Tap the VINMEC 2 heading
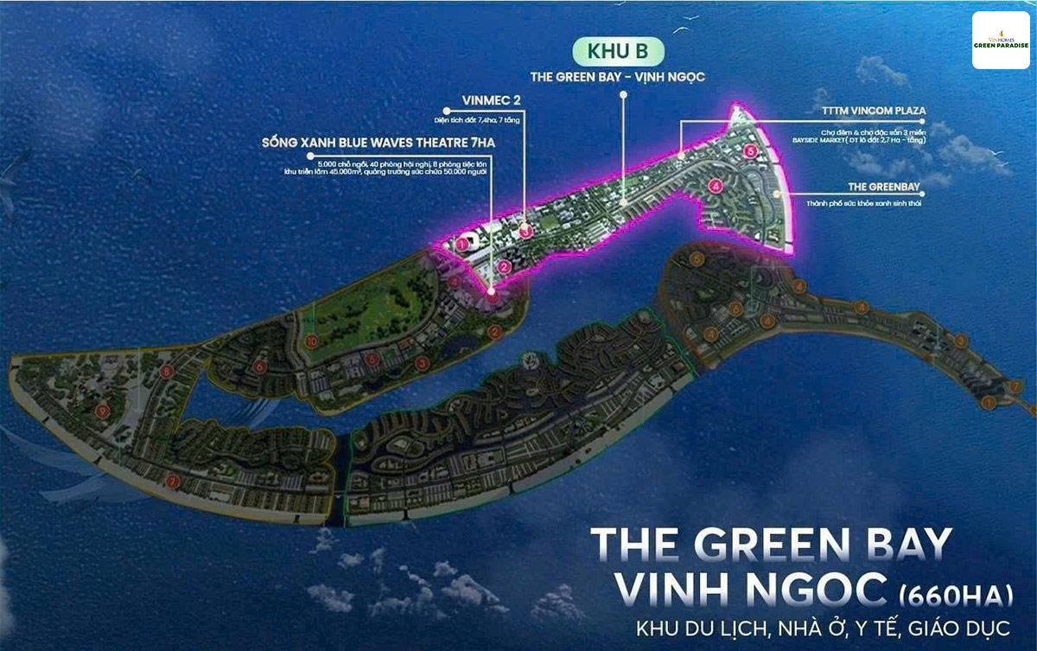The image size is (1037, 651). [487, 110]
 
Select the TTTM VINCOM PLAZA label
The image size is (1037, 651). [868, 111]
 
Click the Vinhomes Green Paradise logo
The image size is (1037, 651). [1000, 41]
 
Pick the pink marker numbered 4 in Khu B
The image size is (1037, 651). [715, 185]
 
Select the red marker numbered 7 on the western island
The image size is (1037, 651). [174, 481]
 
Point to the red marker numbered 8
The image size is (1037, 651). [167, 372]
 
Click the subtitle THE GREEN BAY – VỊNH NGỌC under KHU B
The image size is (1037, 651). [618, 77]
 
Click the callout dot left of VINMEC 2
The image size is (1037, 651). [446, 111]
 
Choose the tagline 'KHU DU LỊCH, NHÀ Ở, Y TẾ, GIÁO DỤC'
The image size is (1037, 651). [814, 629]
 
